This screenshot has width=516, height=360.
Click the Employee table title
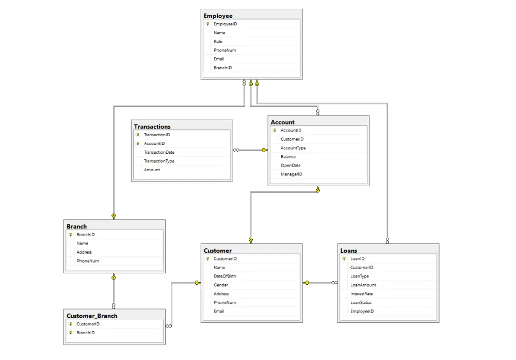point(218,16)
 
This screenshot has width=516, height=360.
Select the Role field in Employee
point(218,41)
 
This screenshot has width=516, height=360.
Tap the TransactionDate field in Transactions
point(159,152)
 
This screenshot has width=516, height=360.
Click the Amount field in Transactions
point(152,170)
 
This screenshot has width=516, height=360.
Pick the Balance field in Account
point(288,157)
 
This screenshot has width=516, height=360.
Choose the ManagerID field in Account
point(291,174)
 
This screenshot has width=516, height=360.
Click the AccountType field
point(293,148)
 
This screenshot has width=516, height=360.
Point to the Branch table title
point(77,226)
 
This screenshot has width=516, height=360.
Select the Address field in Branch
point(84,252)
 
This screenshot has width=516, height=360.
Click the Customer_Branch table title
point(92,316)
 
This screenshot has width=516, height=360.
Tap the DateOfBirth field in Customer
point(225,276)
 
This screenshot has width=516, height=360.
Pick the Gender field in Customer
point(220,285)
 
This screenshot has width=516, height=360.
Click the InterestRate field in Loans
point(361,293)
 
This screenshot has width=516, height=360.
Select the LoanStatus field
point(361,302)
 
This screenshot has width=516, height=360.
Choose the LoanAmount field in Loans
point(363,285)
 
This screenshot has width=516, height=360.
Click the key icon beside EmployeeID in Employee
point(207,24)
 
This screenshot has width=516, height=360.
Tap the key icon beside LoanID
point(344,258)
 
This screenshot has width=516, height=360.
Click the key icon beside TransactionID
point(138,135)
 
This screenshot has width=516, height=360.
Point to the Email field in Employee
point(218,59)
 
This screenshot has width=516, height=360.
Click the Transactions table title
point(152,127)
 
